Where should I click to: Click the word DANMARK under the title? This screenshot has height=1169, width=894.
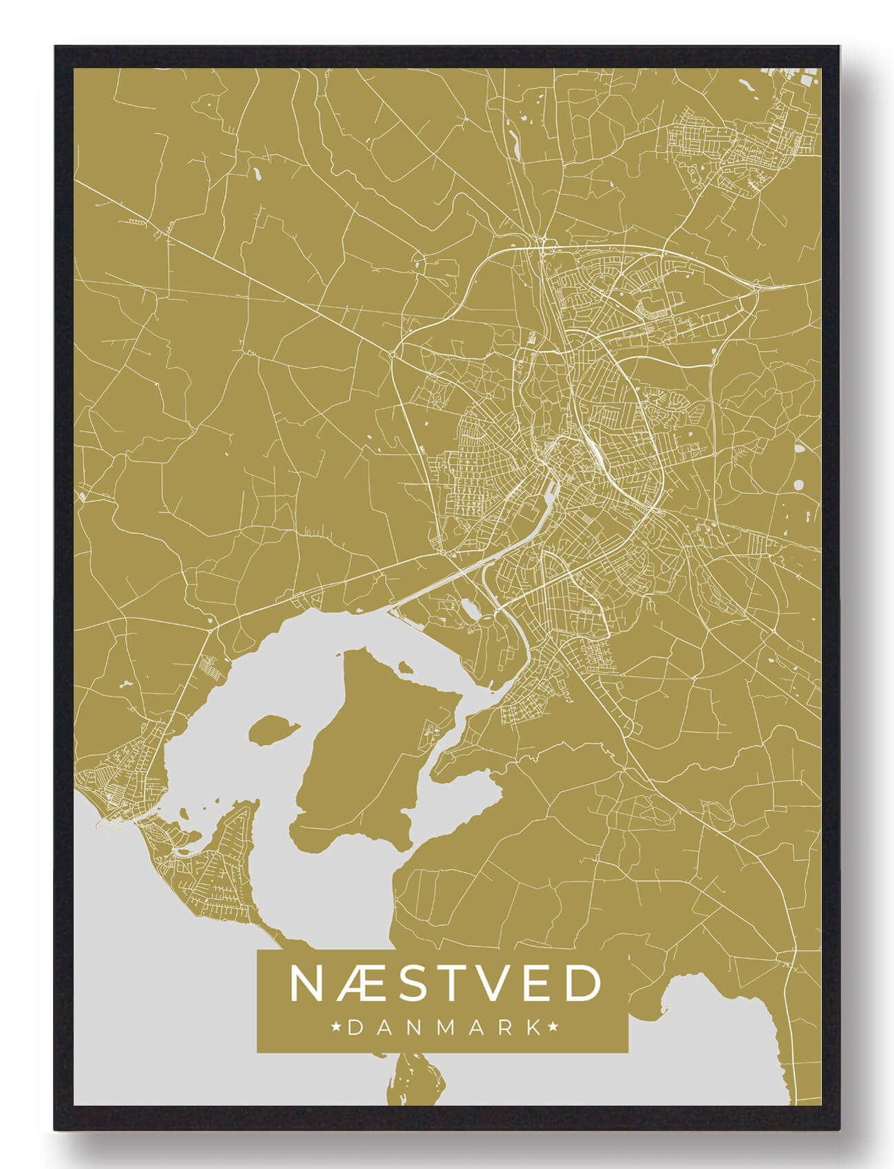click(x=445, y=1028)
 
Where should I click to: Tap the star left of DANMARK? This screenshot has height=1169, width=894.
click(x=337, y=1028)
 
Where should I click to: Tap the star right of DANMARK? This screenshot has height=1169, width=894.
click(x=553, y=1028)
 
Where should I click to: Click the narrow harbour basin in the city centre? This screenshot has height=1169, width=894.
click(x=551, y=492)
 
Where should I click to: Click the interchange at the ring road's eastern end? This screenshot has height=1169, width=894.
click(x=756, y=286)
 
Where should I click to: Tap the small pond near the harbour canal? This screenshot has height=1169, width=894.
click(x=470, y=607)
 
